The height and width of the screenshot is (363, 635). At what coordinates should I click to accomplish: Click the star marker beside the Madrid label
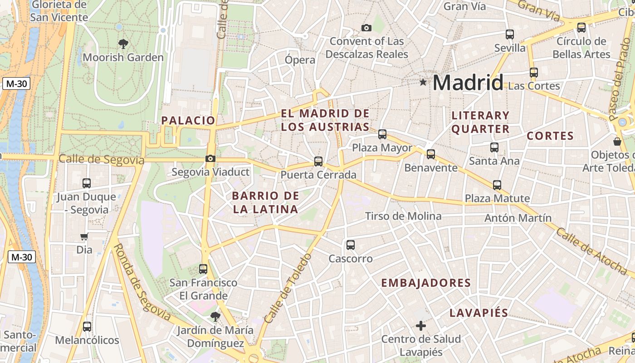(x=423, y=82)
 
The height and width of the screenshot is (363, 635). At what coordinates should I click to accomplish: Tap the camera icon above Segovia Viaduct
(x=210, y=158)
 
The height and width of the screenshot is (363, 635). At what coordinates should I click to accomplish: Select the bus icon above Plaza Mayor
(x=382, y=134)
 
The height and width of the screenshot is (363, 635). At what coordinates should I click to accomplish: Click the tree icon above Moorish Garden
(x=123, y=44)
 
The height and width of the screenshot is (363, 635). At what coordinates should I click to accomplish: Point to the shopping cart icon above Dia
(x=84, y=236)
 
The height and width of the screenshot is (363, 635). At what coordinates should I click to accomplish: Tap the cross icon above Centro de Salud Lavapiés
(x=421, y=325)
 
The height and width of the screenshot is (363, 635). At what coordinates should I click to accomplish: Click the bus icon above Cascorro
(x=351, y=245)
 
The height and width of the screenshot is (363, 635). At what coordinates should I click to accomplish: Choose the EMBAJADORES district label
(x=426, y=283)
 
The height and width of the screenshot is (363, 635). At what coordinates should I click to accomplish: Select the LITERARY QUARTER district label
(x=480, y=122)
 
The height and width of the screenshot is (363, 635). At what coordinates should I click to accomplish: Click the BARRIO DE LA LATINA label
(x=265, y=202)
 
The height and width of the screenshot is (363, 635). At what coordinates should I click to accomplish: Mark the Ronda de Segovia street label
(x=142, y=281)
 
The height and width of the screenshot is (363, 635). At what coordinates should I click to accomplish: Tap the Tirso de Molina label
(x=403, y=216)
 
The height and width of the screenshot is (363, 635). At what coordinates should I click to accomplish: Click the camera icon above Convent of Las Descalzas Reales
(x=366, y=28)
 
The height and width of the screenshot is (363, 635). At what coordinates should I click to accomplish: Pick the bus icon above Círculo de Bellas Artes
(x=581, y=27)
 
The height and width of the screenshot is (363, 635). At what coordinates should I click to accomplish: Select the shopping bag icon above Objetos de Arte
(x=617, y=141)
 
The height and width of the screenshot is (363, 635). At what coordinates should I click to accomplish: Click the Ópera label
(x=300, y=60)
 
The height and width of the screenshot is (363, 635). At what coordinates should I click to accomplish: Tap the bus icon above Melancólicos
(x=87, y=327)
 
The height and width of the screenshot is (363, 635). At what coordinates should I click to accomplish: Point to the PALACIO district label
(x=188, y=120)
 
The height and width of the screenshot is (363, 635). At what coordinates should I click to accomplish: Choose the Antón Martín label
(x=518, y=218)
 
